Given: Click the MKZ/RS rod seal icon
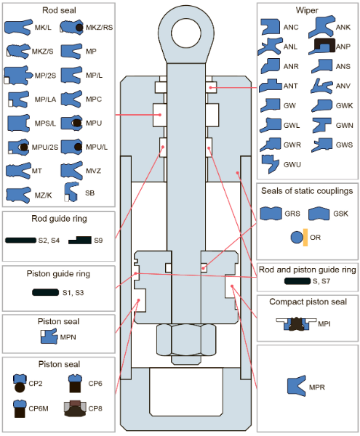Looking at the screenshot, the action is pyautogui.click(x=71, y=28).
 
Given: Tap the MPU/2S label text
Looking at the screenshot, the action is pyautogui.click(x=45, y=147).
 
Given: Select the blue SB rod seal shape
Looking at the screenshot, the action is pyautogui.click(x=71, y=192).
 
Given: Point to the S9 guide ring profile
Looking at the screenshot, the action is pyautogui.click(x=80, y=241).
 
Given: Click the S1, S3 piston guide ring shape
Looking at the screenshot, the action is pyautogui.click(x=46, y=292).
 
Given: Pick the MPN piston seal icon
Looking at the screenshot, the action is pyautogui.click(x=49, y=336).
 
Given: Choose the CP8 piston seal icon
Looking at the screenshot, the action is pyautogui.click(x=75, y=408).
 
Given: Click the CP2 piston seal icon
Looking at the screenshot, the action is pyautogui.click(x=20, y=383).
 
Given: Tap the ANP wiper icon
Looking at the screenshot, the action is pyautogui.click(x=322, y=47).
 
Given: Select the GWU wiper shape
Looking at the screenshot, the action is pyautogui.click(x=270, y=164).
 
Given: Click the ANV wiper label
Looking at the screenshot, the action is pyautogui.click(x=343, y=86).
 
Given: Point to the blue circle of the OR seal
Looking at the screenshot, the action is pyautogui.click(x=297, y=238).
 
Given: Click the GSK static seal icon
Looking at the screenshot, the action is pyautogui.click(x=319, y=214).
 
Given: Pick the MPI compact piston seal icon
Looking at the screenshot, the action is pyautogui.click(x=296, y=324).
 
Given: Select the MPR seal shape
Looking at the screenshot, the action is pyautogui.click(x=296, y=386).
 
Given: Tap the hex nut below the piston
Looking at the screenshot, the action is pyautogui.click(x=186, y=340).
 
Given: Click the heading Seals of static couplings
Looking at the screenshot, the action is pyautogui.click(x=307, y=190).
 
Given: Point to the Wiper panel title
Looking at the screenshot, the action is pyautogui.click(x=307, y=10).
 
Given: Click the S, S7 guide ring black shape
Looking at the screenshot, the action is pyautogui.click(x=297, y=280).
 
